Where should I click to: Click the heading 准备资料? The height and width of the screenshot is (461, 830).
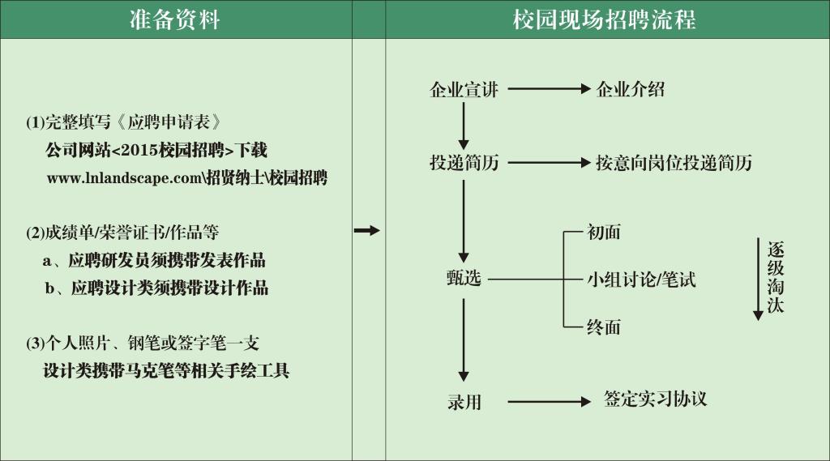click(175, 19)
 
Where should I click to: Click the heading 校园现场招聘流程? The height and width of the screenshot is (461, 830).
click(604, 19)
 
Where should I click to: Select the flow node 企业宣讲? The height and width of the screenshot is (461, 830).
click(464, 89)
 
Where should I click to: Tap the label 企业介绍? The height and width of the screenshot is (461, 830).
click(631, 89)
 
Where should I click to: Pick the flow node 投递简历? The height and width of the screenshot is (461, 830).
click(464, 163)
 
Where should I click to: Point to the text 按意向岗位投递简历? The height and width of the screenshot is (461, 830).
click(674, 163)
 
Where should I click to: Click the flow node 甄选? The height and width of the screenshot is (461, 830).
click(464, 278)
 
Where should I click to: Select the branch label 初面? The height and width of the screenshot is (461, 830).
click(603, 232)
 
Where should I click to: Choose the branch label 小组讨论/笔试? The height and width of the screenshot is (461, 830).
click(641, 279)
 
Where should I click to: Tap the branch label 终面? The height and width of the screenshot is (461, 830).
click(603, 327)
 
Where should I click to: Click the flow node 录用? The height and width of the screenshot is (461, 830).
click(464, 402)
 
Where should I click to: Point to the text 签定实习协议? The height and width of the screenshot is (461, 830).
click(655, 399)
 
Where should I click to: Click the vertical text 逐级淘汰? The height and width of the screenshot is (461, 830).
click(776, 277)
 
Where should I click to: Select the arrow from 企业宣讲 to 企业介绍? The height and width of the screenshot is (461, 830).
click(549, 89)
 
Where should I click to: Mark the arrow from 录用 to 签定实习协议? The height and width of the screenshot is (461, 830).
click(549, 402)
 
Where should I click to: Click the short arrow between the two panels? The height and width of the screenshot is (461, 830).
click(367, 230)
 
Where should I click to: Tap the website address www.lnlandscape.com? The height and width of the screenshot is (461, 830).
click(124, 177)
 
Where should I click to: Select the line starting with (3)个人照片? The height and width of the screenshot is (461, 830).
click(143, 343)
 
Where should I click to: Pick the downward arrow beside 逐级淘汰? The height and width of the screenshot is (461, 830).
click(758, 279)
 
